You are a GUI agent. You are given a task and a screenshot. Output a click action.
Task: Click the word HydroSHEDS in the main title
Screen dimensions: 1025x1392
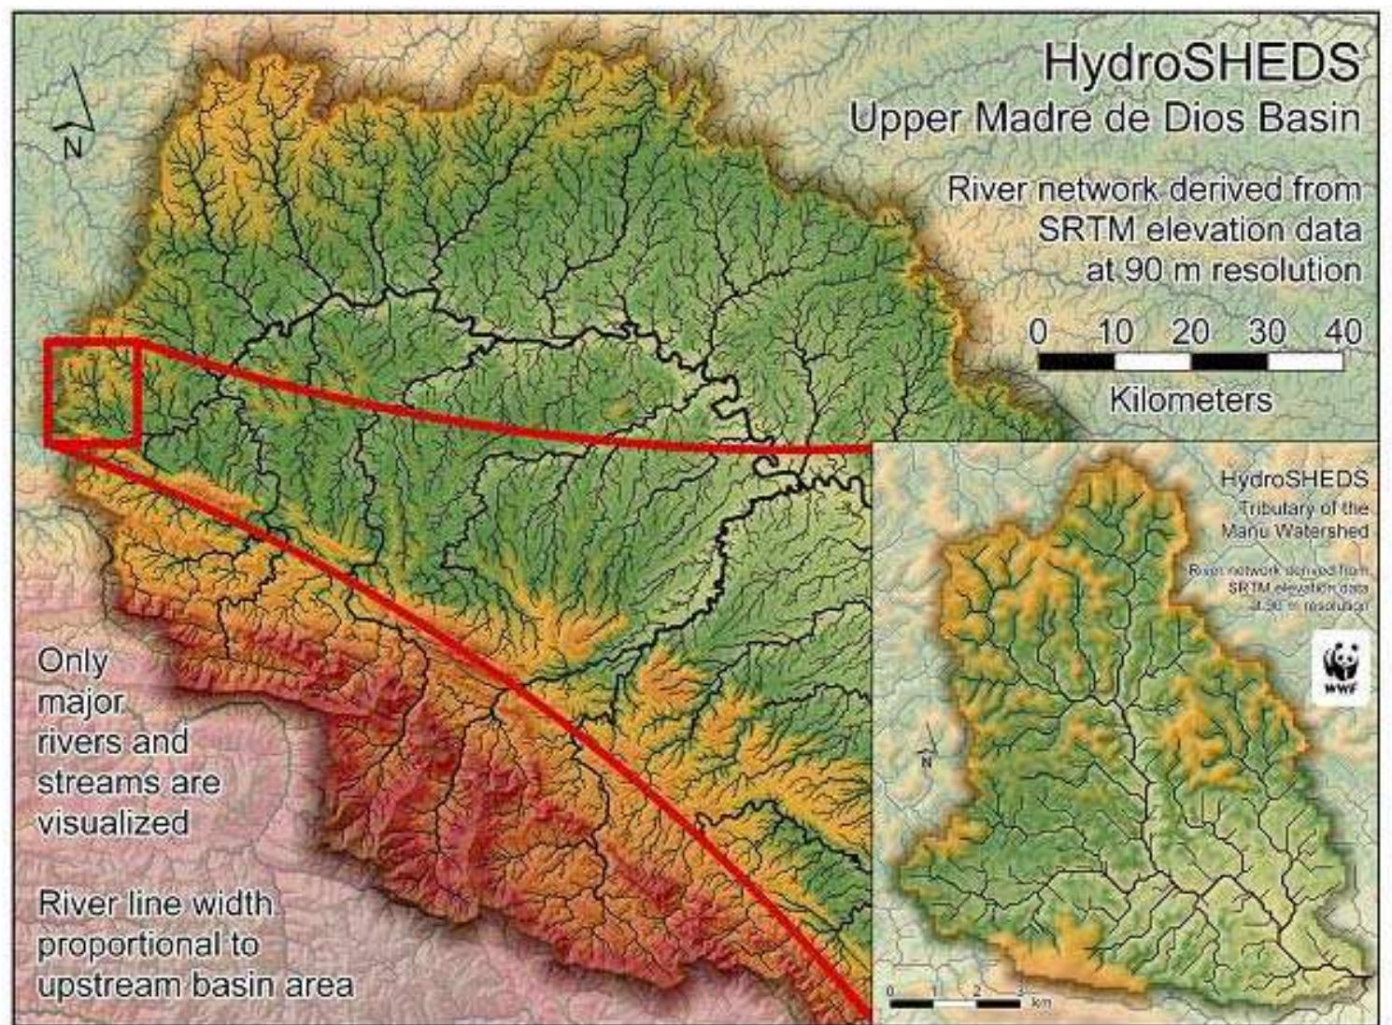pos(1200,64)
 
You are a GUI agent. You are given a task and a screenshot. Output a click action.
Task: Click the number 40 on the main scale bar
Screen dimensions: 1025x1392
pos(1342,332)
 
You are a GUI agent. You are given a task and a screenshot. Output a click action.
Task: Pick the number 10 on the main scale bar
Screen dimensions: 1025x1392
pos(1115,332)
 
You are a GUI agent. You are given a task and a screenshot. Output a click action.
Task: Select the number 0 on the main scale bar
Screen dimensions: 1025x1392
pos(1038,332)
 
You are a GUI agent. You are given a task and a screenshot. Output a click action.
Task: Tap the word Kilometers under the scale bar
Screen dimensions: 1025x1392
pos(1190,400)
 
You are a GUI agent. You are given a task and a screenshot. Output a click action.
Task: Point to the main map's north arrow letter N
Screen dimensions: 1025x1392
pos(73,147)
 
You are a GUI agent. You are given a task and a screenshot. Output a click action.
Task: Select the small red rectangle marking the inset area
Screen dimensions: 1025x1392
pos(92,391)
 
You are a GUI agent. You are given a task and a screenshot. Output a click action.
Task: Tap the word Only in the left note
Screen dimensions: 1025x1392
pos(73,662)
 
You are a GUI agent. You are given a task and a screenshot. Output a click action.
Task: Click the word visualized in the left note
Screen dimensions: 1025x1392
pos(113,823)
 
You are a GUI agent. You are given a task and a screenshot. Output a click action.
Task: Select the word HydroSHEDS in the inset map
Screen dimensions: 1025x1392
pos(1294,479)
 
